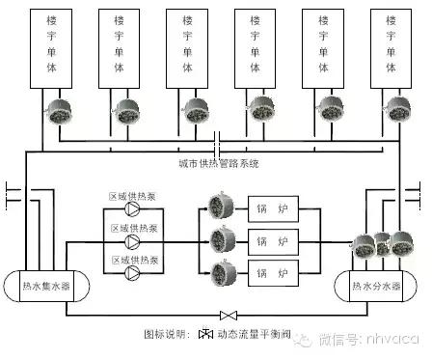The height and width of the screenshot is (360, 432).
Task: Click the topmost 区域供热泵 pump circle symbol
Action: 132,215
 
